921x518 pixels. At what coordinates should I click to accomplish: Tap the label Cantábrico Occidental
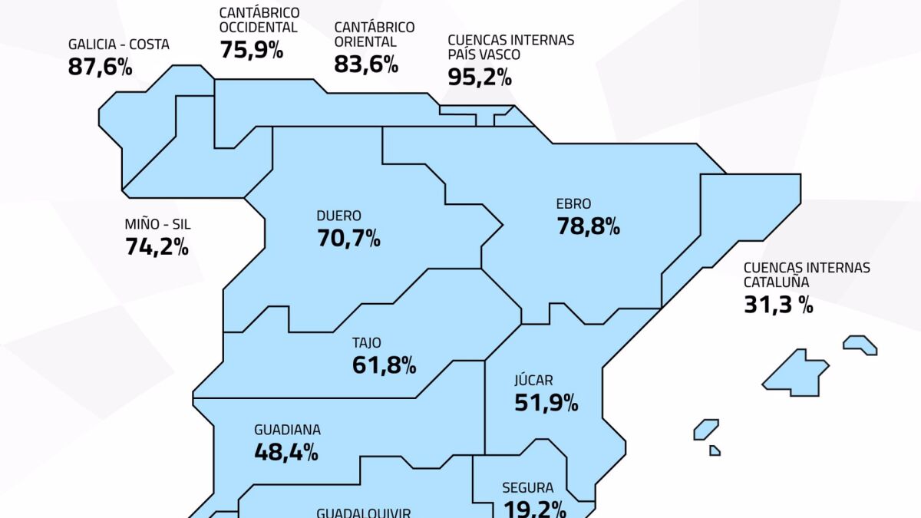258,21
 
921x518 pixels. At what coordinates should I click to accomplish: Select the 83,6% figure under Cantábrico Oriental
366,64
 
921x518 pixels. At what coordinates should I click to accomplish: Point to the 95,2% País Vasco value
480,77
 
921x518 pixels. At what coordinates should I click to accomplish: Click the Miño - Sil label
157,225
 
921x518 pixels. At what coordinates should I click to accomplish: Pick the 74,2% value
157,246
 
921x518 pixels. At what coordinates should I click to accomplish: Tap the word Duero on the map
338,216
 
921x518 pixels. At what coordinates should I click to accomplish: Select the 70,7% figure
348,238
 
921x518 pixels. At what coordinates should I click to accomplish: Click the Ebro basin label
573,204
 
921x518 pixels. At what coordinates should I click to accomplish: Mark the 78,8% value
588,226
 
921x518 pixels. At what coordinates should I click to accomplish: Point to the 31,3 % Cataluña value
778,305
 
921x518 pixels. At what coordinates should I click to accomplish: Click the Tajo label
366,343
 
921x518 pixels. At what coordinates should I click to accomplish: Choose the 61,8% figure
384,365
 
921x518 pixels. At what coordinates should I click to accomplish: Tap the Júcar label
533,380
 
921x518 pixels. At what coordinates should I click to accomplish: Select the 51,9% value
546,402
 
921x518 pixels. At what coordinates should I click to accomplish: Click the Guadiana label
287,430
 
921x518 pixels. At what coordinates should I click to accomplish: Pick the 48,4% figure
286,452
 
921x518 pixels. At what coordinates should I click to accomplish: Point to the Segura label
527,487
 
